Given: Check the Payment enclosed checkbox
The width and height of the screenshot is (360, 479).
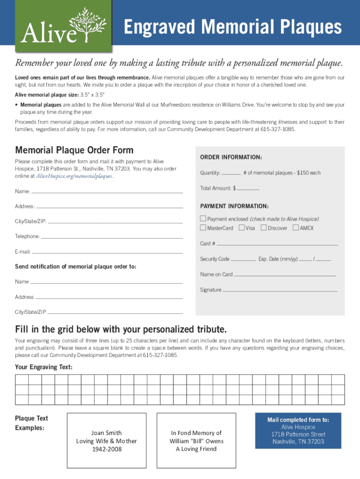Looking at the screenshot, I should coord(203,218).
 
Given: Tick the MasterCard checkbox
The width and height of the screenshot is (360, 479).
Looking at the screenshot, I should coord(203,228).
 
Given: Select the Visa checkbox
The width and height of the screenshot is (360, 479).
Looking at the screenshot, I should coord(242,228).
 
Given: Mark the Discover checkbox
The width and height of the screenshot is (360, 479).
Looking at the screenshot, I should coord(264,228).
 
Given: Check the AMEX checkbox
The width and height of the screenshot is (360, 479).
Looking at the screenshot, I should coord(295,228).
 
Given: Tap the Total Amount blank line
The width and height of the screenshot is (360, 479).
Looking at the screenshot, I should coord(248,189).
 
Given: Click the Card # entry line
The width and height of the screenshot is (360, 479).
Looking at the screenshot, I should coord(277,245).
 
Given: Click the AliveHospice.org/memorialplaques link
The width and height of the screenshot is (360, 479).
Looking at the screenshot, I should coord(74,176).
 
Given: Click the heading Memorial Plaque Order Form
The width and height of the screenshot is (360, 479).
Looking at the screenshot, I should coord(74,150).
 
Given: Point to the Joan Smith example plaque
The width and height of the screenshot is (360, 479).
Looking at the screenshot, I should coord(107,441).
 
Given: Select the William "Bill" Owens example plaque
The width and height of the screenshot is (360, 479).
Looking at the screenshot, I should coord(196,441).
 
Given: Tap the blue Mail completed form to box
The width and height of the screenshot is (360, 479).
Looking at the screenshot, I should coord(298,430).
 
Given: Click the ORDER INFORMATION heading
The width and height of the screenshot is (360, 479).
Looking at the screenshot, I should coord(231,157).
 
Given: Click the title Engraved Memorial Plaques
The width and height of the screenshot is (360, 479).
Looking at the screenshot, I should coord(232,27).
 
